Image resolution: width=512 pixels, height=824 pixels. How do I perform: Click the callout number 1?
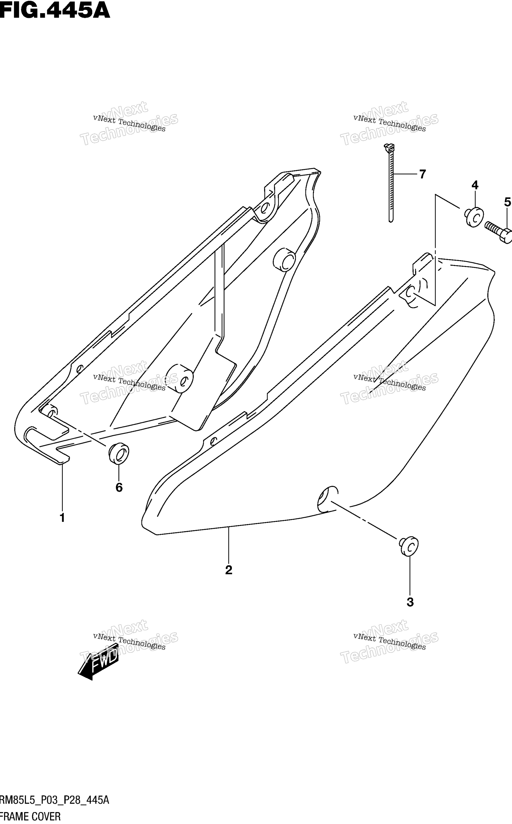pos(62,518)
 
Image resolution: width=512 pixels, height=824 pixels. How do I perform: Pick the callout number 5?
pos(507,202)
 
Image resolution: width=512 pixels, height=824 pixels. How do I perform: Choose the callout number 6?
pos(119,488)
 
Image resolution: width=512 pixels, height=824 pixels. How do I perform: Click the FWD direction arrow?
pos(98,662)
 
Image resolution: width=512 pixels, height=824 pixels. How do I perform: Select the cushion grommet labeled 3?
pos(408,546)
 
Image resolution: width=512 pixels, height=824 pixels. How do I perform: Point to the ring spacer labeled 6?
pos(119,453)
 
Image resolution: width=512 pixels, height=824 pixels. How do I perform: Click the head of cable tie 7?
pos(389,147)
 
